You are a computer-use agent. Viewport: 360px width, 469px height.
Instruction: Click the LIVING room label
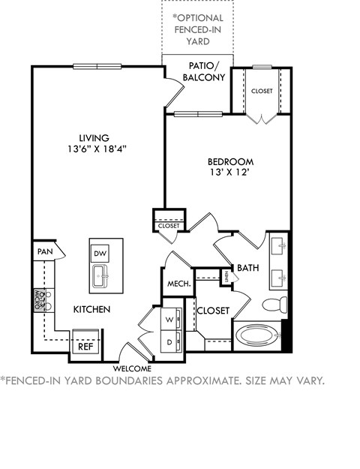(x=95, y=137)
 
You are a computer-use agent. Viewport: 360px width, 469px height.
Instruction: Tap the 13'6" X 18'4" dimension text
(x=95, y=149)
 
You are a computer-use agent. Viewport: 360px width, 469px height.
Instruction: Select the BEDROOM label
(x=230, y=161)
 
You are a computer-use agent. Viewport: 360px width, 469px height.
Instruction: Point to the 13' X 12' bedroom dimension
(x=230, y=173)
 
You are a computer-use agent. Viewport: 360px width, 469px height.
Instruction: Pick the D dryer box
(x=169, y=341)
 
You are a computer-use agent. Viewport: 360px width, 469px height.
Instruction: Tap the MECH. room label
(x=179, y=286)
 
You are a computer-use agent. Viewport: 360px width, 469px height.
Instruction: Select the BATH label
(x=248, y=268)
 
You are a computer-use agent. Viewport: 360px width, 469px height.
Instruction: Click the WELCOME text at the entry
(x=132, y=368)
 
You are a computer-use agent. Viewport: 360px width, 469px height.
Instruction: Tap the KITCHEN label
(x=92, y=309)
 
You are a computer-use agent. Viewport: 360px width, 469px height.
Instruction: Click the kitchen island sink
(x=101, y=278)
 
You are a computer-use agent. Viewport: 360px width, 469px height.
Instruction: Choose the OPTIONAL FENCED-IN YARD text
(x=197, y=28)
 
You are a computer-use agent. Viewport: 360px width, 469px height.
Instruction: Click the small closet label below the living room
(x=168, y=225)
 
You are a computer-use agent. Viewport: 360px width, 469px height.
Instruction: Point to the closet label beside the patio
(x=262, y=92)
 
